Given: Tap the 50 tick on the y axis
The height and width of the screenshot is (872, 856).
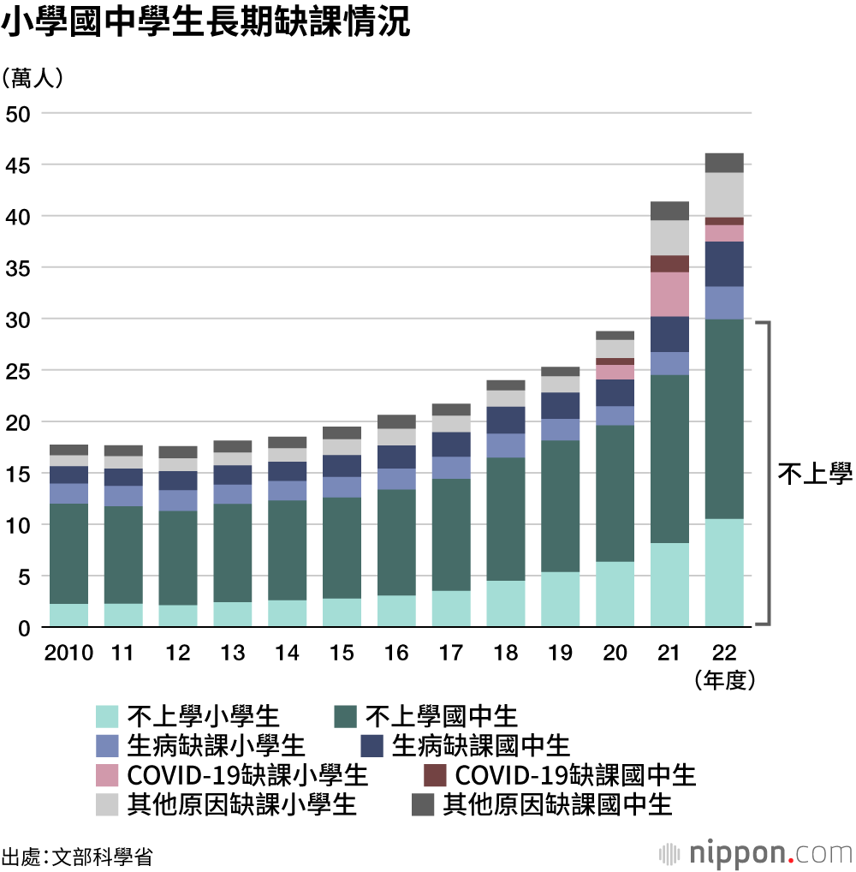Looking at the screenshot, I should point(18,113).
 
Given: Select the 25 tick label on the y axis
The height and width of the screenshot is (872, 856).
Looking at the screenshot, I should point(18,371).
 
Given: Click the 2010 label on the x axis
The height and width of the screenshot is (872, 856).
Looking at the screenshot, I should point(68,653).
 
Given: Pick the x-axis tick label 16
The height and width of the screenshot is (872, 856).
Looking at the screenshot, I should point(396,653).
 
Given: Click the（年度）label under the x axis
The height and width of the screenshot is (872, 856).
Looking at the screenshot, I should point(724,680).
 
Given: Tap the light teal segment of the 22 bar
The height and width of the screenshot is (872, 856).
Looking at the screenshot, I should point(724,571).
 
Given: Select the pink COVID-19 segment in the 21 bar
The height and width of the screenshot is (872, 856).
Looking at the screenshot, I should point(669,295).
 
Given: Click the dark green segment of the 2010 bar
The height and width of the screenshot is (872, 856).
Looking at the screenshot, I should point(68,553).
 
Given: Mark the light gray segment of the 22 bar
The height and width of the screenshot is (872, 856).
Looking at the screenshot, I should point(724,194).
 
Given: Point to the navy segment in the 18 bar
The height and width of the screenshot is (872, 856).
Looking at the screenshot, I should point(505,420).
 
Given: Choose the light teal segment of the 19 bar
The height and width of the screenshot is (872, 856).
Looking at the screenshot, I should point(560,599).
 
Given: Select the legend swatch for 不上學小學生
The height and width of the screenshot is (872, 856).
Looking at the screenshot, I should point(107,715).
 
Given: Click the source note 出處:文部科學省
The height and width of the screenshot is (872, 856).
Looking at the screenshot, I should point(77,856).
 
